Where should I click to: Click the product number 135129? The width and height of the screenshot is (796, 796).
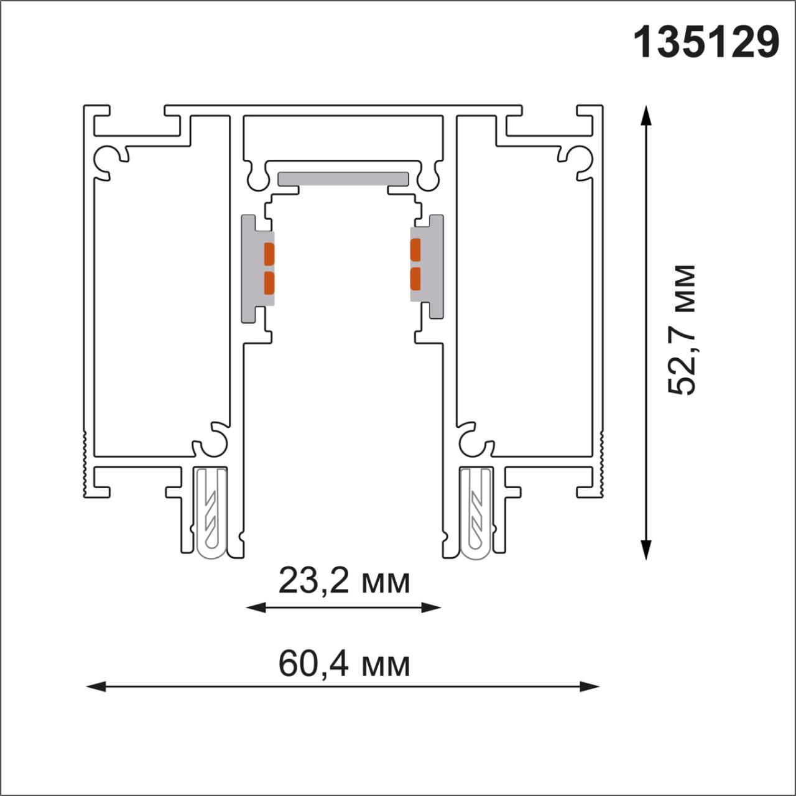pos(706,42)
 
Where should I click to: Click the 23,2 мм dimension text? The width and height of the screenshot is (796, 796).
pos(344,581)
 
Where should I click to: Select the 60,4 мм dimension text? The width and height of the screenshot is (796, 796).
pos(344,664)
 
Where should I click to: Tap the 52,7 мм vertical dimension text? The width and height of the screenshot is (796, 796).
pos(682,330)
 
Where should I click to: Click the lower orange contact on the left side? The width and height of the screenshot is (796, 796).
pos(269,282)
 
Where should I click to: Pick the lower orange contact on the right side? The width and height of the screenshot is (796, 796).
pos(415,279)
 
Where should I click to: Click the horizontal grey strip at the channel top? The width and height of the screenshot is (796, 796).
pos(343,178)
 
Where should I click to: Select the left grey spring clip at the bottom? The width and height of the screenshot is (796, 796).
pos(211,513)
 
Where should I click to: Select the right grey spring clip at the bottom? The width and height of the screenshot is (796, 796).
pos(476,513)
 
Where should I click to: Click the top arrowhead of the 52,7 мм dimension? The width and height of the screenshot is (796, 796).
pos(647,116)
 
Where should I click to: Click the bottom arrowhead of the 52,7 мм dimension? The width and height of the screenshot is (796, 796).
pos(647,550)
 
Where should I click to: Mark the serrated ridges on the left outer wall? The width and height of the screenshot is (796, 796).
pos(84,463)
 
